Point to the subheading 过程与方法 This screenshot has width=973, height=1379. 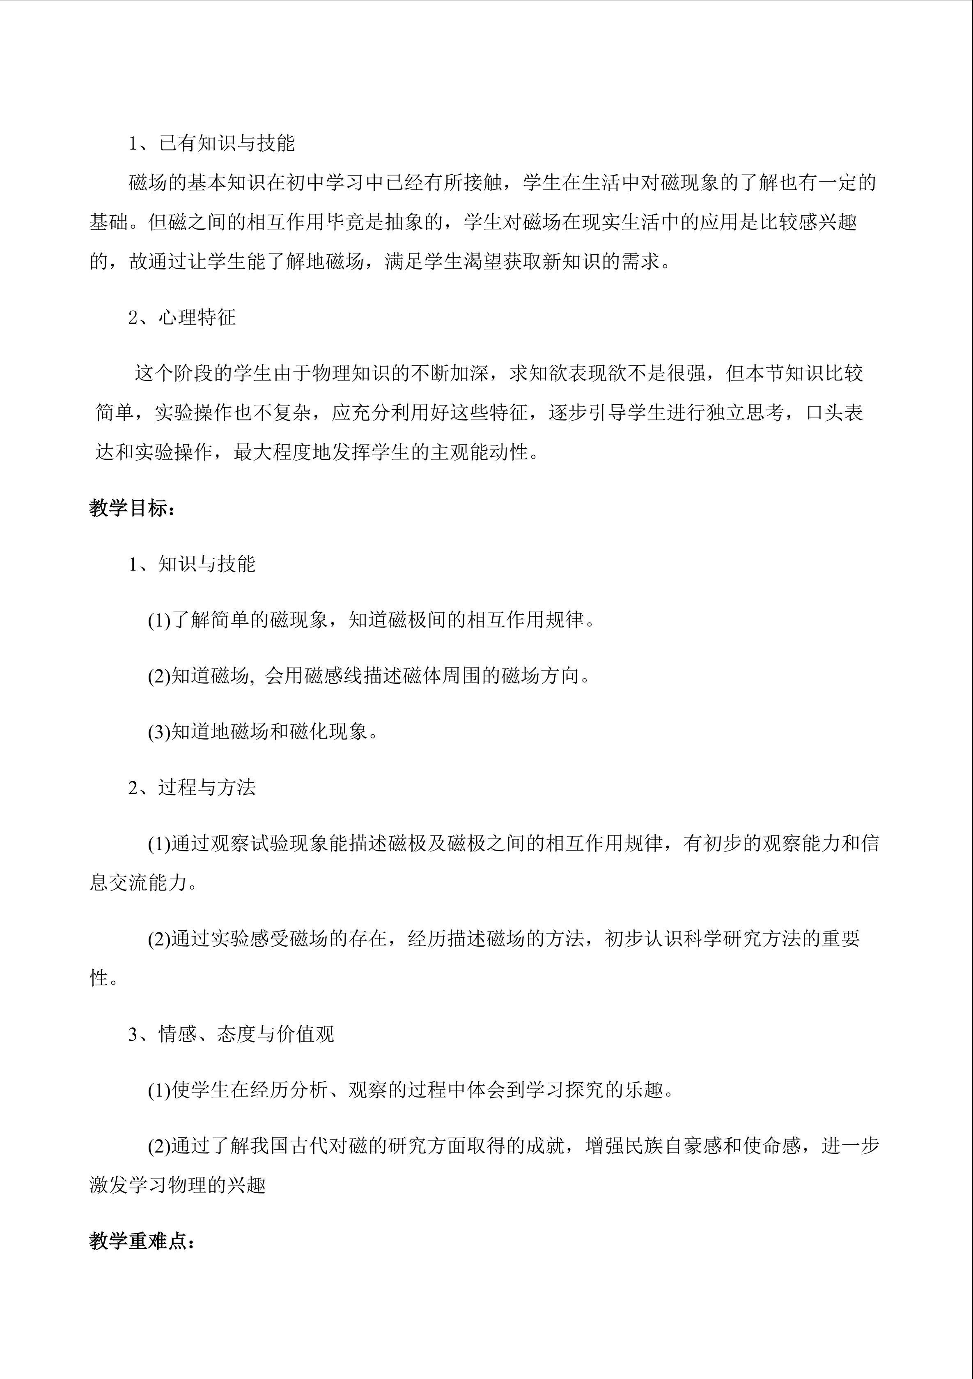(x=207, y=787)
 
